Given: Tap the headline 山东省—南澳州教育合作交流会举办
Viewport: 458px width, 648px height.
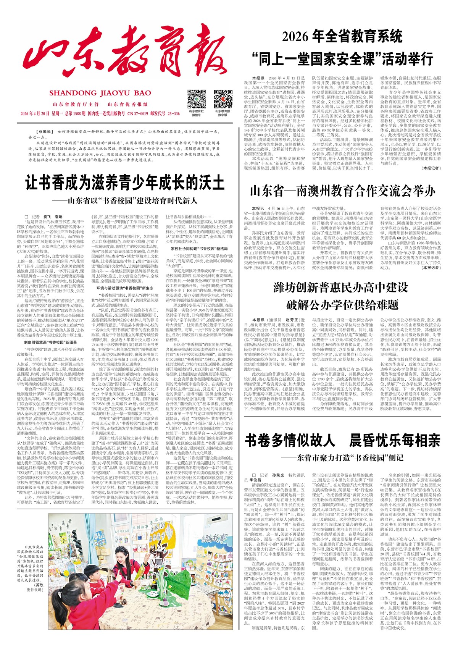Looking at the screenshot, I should point(342,191).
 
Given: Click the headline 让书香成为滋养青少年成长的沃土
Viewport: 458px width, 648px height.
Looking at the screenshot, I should point(125,182).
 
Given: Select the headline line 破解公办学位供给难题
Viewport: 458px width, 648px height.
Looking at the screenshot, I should point(342,304).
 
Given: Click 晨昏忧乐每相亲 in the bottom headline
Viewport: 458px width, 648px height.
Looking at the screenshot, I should point(395,440).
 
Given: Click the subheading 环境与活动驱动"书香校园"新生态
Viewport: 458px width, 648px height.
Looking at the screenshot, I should point(125,288).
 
